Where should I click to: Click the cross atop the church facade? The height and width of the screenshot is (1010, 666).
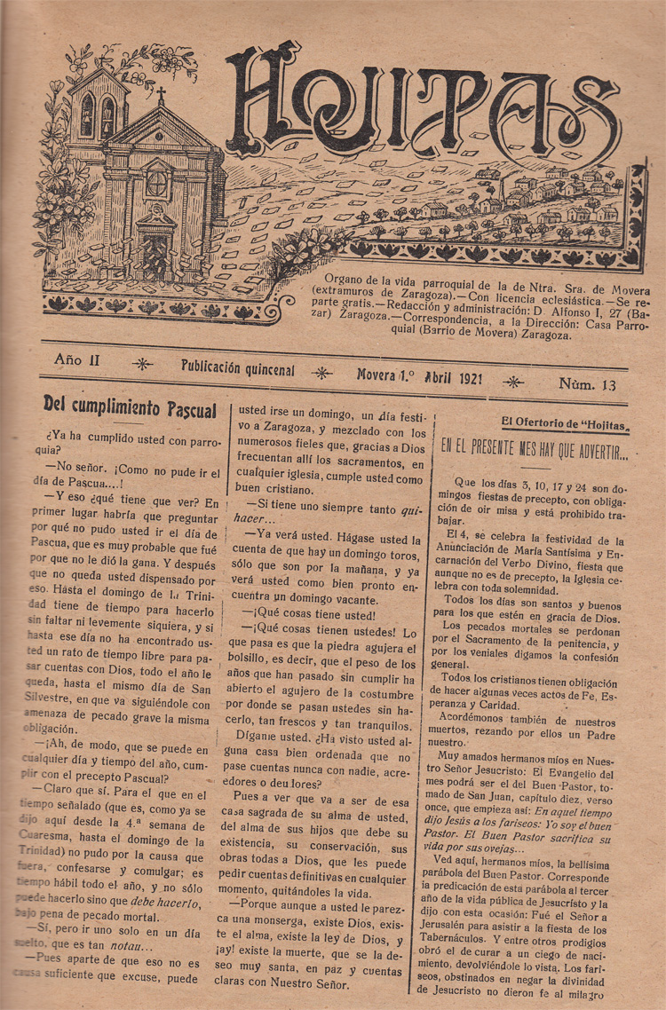[161, 96]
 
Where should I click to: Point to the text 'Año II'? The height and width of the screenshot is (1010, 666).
[82, 360]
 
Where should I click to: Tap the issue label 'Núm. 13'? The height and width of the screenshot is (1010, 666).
[588, 384]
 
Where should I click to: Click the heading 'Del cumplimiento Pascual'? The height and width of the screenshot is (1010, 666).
[130, 408]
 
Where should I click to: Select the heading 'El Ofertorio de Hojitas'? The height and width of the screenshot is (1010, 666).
[565, 423]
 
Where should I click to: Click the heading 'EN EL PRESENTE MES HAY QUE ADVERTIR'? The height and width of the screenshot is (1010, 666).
[534, 450]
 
